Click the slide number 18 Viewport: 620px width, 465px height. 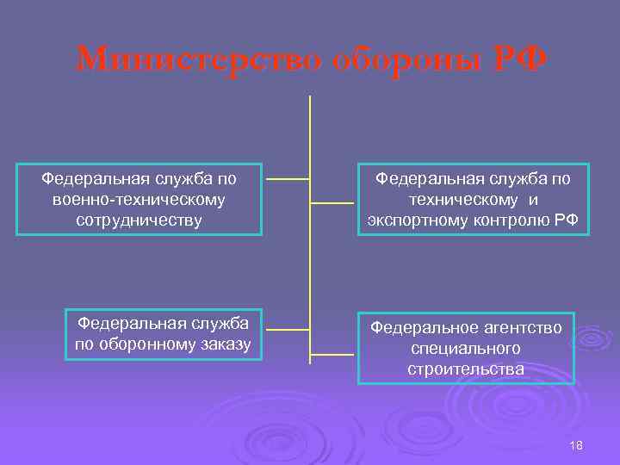[576, 444]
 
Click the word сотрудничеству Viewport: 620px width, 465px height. [139, 220]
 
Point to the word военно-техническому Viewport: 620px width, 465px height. [139, 200]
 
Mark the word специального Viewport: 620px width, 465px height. [466, 349]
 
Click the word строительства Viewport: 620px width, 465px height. [466, 369]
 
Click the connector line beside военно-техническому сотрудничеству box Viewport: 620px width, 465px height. [288, 180]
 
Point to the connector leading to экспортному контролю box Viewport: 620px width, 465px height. [331, 203]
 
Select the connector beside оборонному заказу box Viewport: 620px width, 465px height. [288, 329]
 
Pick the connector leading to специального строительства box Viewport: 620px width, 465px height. [331, 353]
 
